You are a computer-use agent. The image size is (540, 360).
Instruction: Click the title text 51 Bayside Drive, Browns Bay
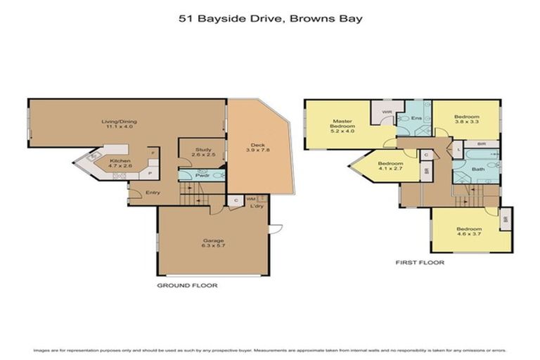tap(271, 19)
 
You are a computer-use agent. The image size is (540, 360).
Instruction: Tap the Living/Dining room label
tap(121, 124)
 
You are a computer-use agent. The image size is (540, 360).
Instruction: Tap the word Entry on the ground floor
tap(153, 193)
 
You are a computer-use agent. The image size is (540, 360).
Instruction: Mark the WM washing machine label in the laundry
tap(251, 200)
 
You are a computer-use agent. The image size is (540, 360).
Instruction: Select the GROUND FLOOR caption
tap(187, 286)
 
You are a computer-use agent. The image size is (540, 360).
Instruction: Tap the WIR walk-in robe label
tap(387, 112)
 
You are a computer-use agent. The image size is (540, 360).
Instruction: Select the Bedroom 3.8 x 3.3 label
tap(466, 120)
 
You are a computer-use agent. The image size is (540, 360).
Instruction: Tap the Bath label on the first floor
tap(478, 169)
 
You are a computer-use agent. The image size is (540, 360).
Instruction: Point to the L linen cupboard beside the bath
tap(458, 150)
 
